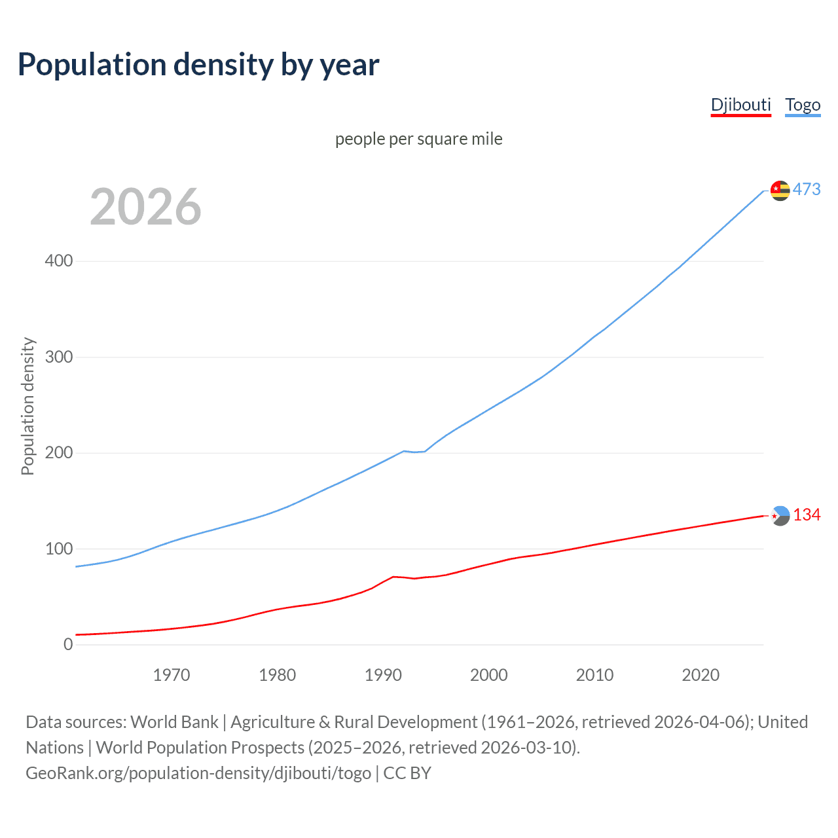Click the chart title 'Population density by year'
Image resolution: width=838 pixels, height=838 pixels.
198,65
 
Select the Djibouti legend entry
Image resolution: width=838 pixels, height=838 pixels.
740,105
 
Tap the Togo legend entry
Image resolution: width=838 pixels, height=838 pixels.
803,105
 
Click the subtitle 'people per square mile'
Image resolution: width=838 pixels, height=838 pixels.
418,139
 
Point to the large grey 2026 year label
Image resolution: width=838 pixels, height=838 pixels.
145,206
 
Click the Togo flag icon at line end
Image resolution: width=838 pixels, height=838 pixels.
780,190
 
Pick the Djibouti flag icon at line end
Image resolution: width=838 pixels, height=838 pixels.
780,516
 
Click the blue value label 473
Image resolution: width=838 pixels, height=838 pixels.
807,189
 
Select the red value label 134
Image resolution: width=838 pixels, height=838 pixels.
807,515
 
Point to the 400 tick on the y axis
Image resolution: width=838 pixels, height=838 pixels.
59,261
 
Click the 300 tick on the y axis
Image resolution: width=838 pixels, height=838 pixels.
59,357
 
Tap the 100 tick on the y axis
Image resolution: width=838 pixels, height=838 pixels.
59,549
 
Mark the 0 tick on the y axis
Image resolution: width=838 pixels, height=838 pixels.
68,644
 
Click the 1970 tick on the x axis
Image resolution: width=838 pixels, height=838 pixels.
172,675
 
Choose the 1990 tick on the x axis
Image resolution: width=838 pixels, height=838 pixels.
383,675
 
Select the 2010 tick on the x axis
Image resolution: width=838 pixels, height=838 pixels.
594,675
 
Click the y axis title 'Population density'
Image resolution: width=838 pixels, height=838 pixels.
27,406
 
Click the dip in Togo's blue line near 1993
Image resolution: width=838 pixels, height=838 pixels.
414,452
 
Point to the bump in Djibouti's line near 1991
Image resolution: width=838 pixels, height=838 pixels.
393,577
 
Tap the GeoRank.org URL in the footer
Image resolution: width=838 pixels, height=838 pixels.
198,773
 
